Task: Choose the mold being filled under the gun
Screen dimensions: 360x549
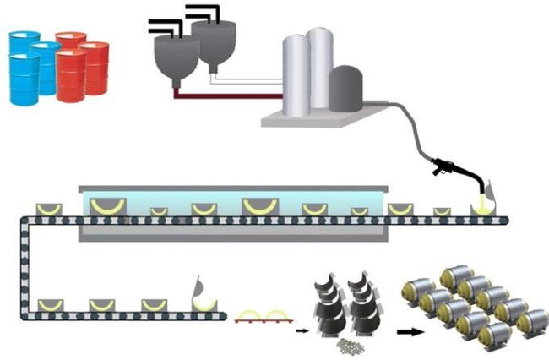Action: point(485,207)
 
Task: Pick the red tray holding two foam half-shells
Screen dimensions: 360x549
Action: point(263,316)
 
